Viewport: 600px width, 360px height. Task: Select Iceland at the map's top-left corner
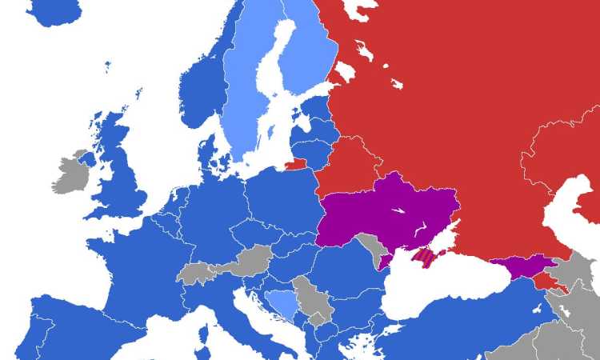point(52,10)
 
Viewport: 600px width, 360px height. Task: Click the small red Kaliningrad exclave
point(294,165)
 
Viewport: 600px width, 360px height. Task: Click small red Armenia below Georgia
point(550,282)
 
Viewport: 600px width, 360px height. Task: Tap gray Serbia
point(308,296)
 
